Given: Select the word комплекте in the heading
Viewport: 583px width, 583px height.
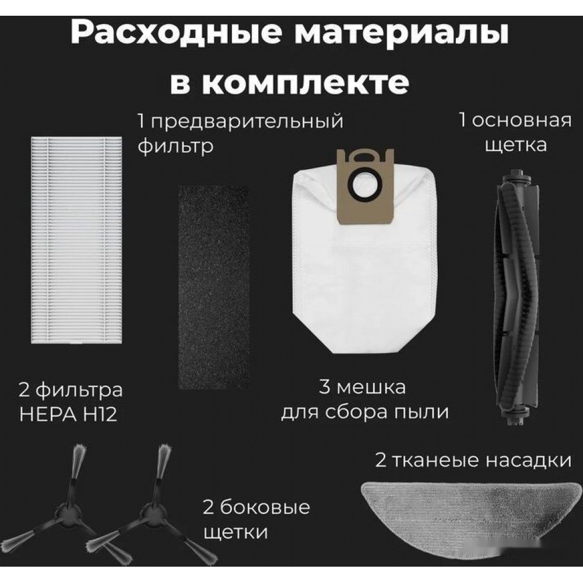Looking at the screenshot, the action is (305, 83).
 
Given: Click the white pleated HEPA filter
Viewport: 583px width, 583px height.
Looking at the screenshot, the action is (76, 240).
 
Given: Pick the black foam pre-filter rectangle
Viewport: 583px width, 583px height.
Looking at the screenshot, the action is (213, 287).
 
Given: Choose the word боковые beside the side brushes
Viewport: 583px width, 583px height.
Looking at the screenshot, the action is (265, 507).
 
